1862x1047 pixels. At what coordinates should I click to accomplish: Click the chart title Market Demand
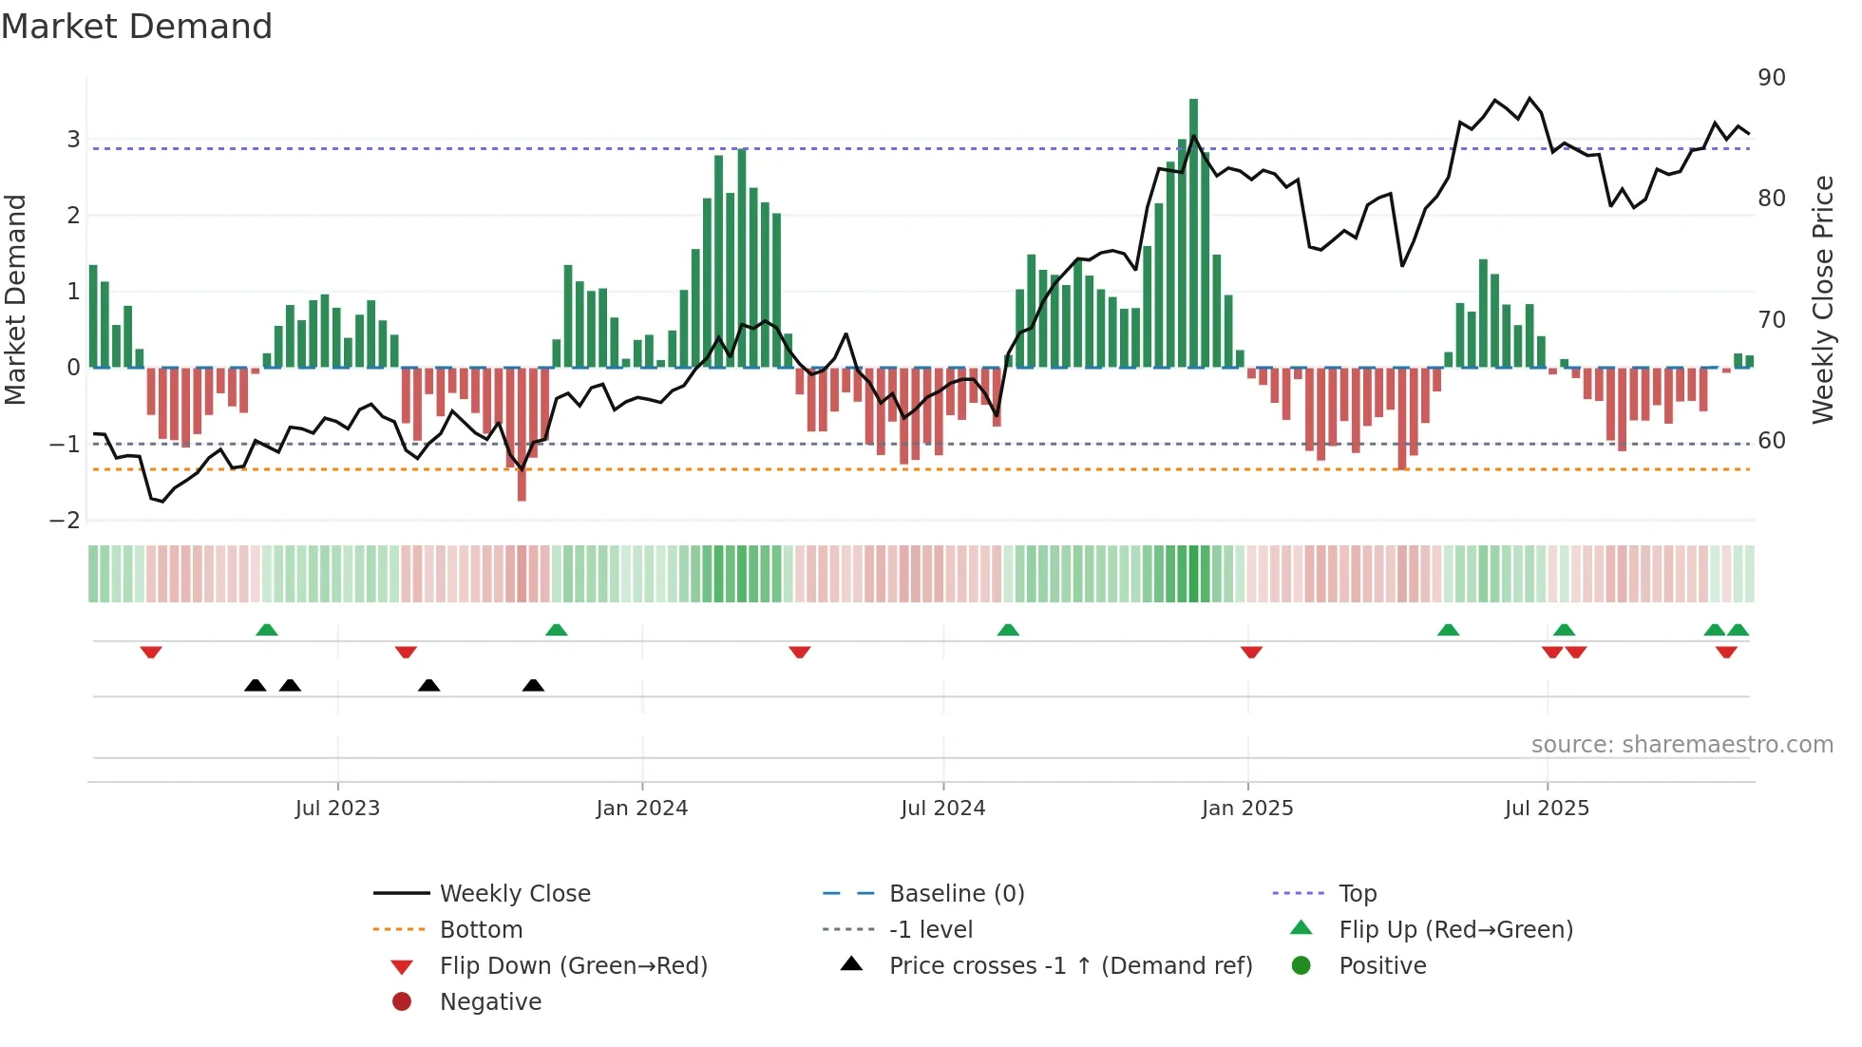pyautogui.click(x=137, y=27)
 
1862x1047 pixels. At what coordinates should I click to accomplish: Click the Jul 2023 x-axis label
pyautogui.click(x=337, y=809)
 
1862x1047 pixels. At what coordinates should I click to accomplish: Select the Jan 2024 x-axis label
pyautogui.click(x=641, y=809)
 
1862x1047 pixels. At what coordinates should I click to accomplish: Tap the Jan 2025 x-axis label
pyautogui.click(x=1246, y=809)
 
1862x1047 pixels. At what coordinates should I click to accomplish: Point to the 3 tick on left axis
pyautogui.click(x=73, y=140)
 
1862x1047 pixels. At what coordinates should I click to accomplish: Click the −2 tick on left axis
pyautogui.click(x=66, y=521)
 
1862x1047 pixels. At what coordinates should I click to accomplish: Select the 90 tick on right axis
pyautogui.click(x=1771, y=78)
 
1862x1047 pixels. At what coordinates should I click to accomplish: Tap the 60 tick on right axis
pyautogui.click(x=1771, y=441)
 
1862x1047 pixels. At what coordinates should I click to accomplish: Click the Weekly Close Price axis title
pyautogui.click(x=1822, y=299)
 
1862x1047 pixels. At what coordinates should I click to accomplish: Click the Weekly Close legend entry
pyautogui.click(x=514, y=894)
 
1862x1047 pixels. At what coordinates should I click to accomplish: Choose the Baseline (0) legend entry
pyautogui.click(x=956, y=894)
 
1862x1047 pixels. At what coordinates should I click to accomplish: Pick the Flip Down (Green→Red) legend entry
pyautogui.click(x=573, y=966)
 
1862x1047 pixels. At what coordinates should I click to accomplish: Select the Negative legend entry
pyautogui.click(x=490, y=1002)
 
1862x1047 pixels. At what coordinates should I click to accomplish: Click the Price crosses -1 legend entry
pyautogui.click(x=1070, y=966)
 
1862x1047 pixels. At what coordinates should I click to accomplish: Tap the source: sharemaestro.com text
pyautogui.click(x=1681, y=745)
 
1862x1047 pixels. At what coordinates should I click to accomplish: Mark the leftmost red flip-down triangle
pyautogui.click(x=151, y=653)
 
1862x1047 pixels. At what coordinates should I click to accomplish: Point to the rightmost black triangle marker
pyautogui.click(x=533, y=685)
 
